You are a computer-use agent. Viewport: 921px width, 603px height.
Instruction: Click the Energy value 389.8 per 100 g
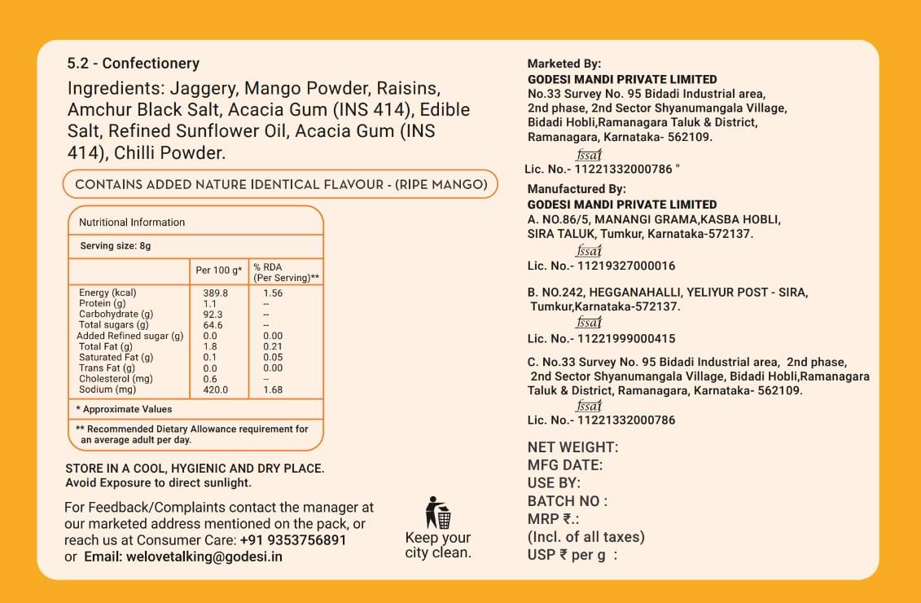point(215,293)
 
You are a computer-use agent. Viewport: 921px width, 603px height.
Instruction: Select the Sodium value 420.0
point(215,390)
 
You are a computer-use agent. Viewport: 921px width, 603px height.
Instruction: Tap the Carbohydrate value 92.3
point(213,314)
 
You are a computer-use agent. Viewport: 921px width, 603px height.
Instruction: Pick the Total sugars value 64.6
point(213,325)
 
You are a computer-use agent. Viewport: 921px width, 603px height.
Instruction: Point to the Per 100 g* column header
point(219,271)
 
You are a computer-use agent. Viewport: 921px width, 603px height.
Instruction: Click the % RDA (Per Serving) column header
point(286,272)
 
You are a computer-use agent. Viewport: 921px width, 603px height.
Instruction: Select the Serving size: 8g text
point(116,246)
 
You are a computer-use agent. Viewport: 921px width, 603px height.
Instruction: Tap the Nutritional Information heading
point(132,222)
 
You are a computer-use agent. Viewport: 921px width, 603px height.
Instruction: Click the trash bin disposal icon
point(437,513)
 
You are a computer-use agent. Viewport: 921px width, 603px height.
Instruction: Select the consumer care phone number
point(293,540)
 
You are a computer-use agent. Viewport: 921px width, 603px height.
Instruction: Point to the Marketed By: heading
point(564,64)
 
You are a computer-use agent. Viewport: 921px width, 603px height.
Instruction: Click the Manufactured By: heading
point(577,189)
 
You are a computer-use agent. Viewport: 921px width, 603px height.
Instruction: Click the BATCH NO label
point(567,501)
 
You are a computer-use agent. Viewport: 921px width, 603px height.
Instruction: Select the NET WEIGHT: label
point(572,447)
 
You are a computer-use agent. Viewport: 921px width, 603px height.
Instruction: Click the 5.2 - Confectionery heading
point(134,64)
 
